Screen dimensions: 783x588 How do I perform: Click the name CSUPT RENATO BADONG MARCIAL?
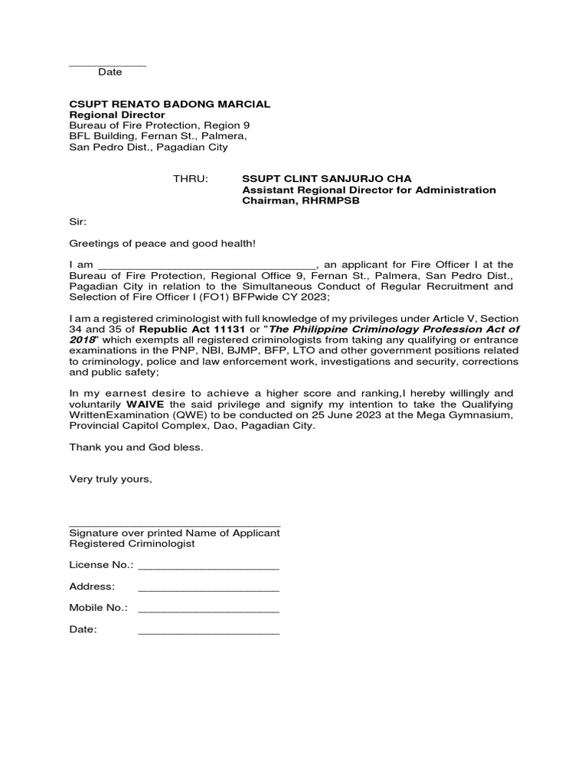click(x=169, y=103)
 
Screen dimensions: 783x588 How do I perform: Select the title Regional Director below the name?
click(x=117, y=115)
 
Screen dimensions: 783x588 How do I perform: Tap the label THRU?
click(x=191, y=178)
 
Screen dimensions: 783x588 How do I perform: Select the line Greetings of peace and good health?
click(x=162, y=243)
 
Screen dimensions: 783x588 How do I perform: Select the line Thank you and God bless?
click(x=136, y=447)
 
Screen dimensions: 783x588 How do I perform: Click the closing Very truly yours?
click(x=110, y=479)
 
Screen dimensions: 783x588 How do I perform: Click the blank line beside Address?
click(x=208, y=587)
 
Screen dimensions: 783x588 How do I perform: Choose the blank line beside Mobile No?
click(x=208, y=609)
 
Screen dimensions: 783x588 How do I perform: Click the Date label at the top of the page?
click(x=109, y=72)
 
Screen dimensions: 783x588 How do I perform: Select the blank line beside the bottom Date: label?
click(x=208, y=631)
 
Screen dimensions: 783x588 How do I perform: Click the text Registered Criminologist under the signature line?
click(x=132, y=544)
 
